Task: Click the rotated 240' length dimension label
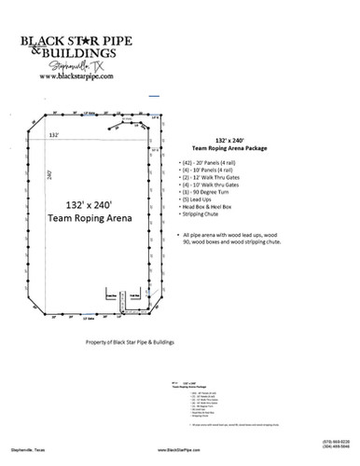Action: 48,174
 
